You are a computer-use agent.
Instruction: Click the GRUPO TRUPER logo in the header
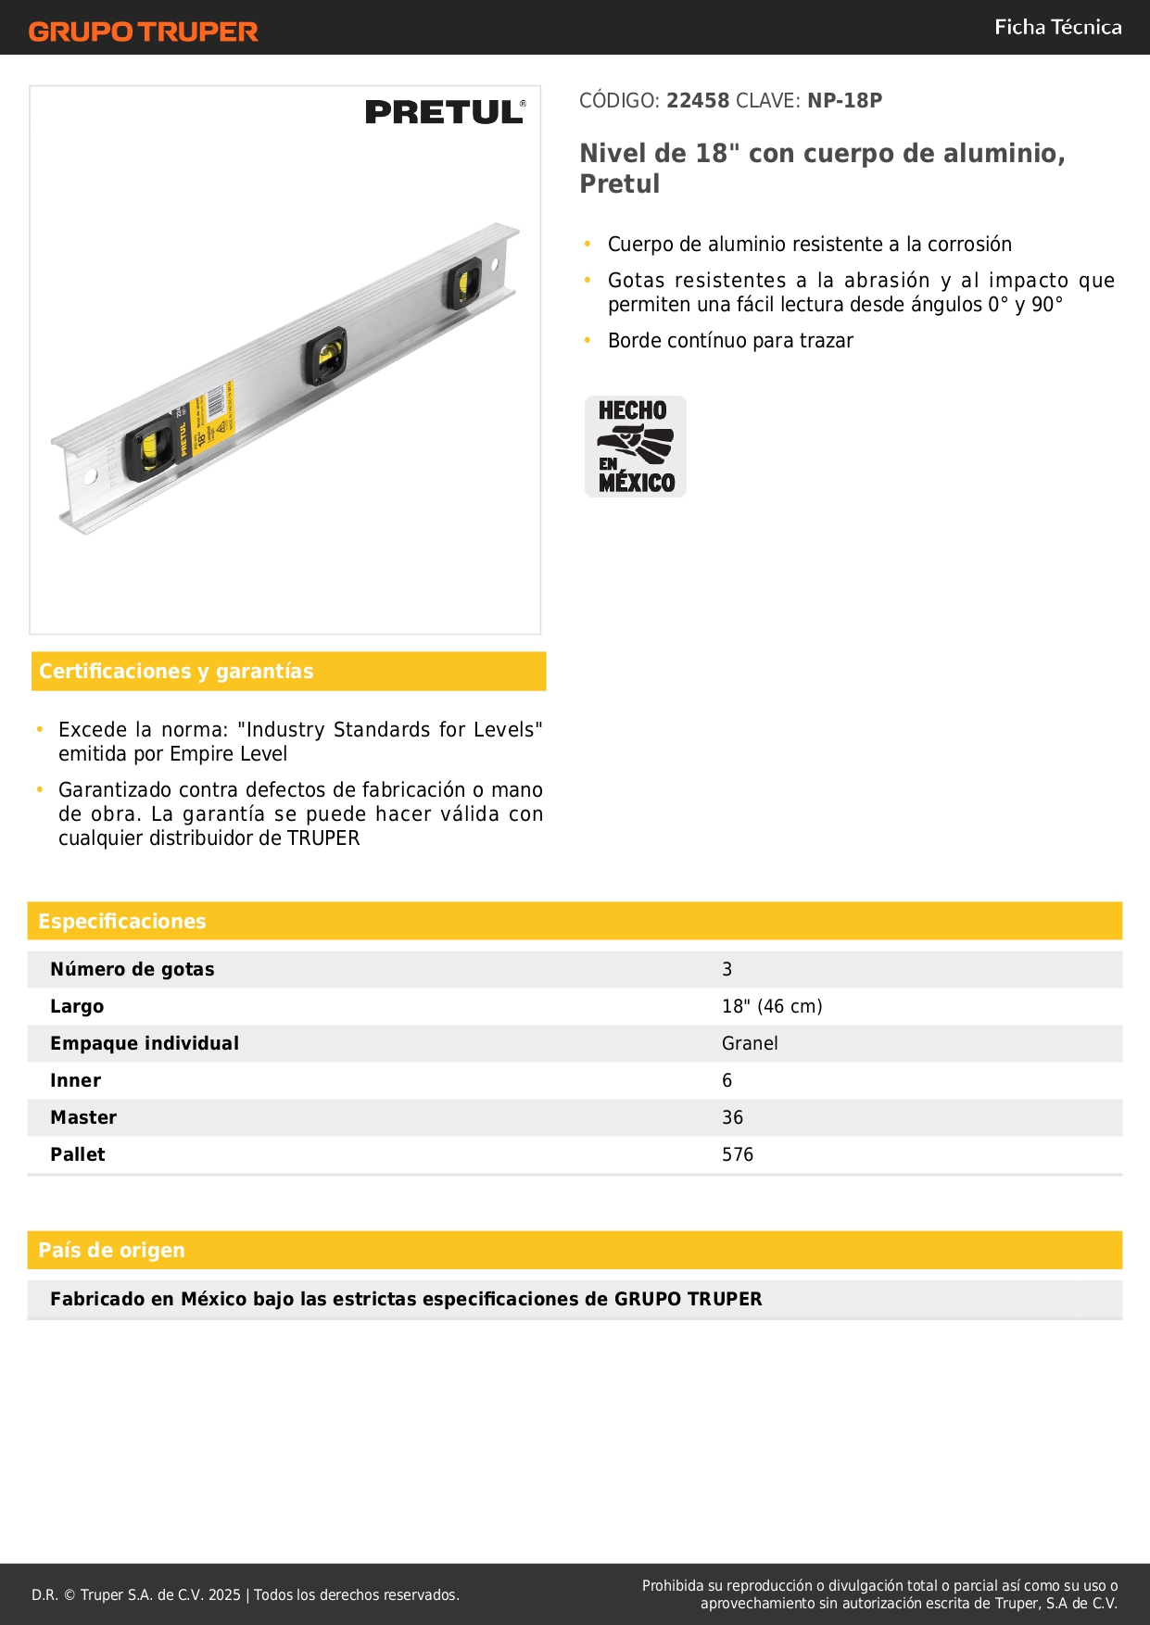tap(144, 31)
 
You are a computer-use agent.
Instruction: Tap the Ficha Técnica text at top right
tap(1057, 27)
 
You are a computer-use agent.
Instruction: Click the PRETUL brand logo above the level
tap(445, 112)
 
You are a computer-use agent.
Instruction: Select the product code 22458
tap(698, 101)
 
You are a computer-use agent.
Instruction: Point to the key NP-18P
tap(844, 101)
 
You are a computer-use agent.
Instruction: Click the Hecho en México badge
tap(636, 447)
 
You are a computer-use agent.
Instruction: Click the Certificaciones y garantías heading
tap(176, 672)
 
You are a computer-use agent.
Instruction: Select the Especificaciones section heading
tap(122, 921)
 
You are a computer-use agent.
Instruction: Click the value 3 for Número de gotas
tap(727, 969)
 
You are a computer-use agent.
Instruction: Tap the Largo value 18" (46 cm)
tap(772, 1006)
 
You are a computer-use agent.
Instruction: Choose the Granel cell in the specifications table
tap(750, 1043)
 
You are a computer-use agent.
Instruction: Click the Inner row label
tap(76, 1080)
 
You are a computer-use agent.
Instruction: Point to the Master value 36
tap(732, 1117)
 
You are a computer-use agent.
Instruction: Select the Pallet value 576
tap(738, 1154)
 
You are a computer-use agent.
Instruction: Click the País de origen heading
tap(111, 1250)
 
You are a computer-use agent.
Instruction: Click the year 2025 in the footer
tap(224, 1594)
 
